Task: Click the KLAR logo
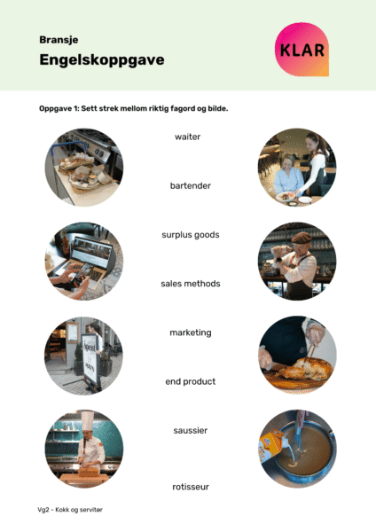302,50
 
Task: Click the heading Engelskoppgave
102,60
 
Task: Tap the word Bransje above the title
59,40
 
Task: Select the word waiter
188,137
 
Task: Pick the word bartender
191,185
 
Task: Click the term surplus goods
191,235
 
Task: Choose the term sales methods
191,284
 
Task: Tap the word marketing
191,332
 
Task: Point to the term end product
191,381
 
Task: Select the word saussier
191,431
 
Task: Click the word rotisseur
191,487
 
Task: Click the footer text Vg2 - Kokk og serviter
70,510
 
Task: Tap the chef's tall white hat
88,420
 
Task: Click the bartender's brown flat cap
302,238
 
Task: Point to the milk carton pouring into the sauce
271,445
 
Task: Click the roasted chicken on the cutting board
304,369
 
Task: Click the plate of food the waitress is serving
286,197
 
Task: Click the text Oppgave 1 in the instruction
59,108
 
